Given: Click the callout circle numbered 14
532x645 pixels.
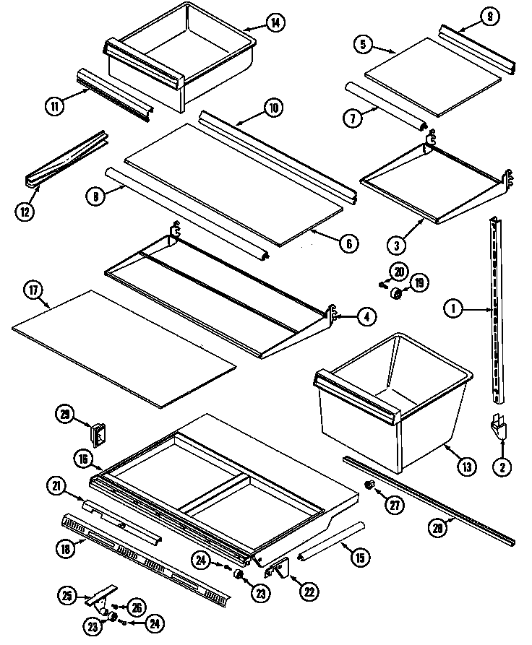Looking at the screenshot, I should tap(275, 22).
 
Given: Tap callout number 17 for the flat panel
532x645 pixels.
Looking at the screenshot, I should tap(33, 292).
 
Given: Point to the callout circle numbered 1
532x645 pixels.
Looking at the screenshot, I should tap(453, 310).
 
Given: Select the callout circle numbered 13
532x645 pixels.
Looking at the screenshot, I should tap(467, 467).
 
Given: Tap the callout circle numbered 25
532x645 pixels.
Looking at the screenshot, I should tap(67, 597).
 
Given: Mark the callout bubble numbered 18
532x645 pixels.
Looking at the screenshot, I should tap(66, 547).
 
